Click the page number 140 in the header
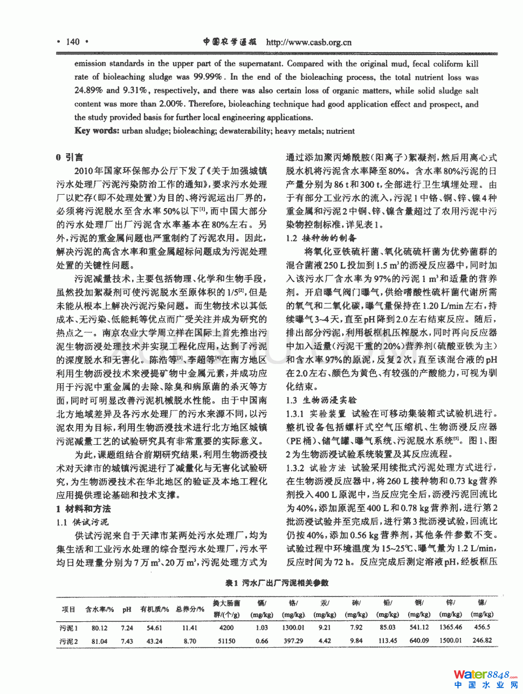pos(72,42)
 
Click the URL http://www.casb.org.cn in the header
pos(309,43)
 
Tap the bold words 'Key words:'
pos(97,130)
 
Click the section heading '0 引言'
pos(70,157)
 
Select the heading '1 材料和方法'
pos(84,509)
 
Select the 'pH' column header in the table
pos(127,609)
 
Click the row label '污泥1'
pos(68,628)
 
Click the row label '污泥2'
pos(68,641)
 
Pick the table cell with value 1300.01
pos(293,628)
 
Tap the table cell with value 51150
pos(226,641)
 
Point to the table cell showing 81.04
pos(99,641)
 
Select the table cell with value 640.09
pos(419,641)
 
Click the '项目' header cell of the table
pos(68,609)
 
